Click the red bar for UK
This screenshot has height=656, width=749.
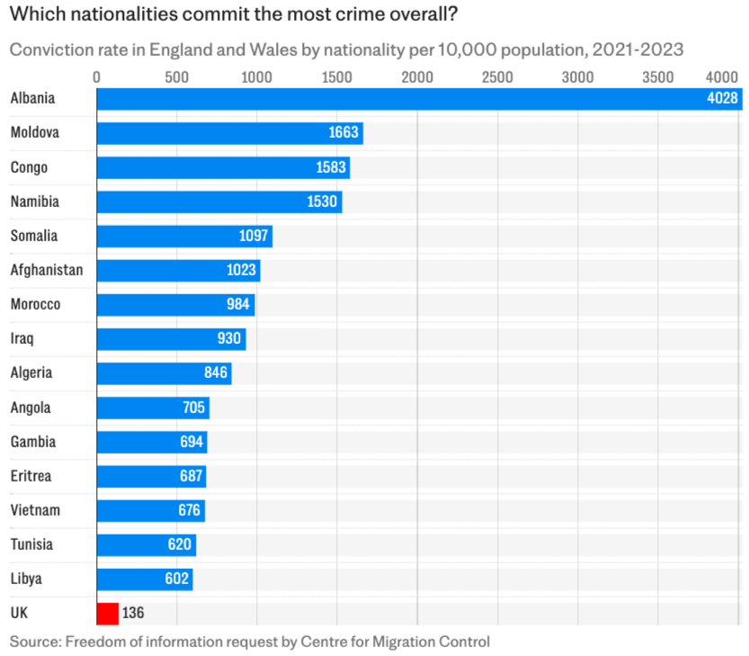107,613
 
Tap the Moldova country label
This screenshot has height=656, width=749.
34,133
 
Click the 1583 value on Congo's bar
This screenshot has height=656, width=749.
331,167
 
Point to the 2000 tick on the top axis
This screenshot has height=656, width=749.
417,77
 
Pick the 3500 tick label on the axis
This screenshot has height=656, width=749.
657,77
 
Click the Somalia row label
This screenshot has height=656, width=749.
33,236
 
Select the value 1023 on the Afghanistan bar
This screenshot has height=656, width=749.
241,270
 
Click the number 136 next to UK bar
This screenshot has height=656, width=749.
133,613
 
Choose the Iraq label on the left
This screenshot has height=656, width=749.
22,338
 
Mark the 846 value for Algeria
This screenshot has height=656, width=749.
216,373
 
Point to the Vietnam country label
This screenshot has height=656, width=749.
35,510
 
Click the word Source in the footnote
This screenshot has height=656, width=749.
32,642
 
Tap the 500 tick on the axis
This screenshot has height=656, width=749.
177,77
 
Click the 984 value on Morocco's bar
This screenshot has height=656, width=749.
238,304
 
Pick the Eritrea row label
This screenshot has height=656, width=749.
32,476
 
